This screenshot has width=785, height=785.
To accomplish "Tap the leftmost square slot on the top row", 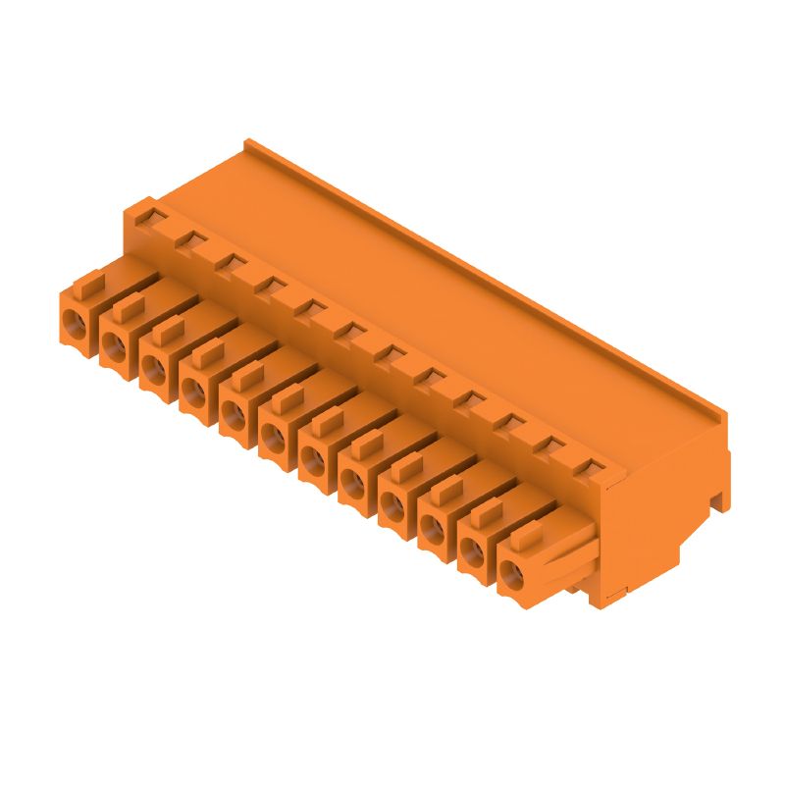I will tap(147, 213).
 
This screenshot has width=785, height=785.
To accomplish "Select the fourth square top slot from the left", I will tap(268, 285).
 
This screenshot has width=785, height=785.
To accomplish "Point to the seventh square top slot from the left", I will tap(389, 352).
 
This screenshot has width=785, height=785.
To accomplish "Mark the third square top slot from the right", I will tap(509, 422).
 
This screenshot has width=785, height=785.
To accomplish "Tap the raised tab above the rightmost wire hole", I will tap(527, 539).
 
